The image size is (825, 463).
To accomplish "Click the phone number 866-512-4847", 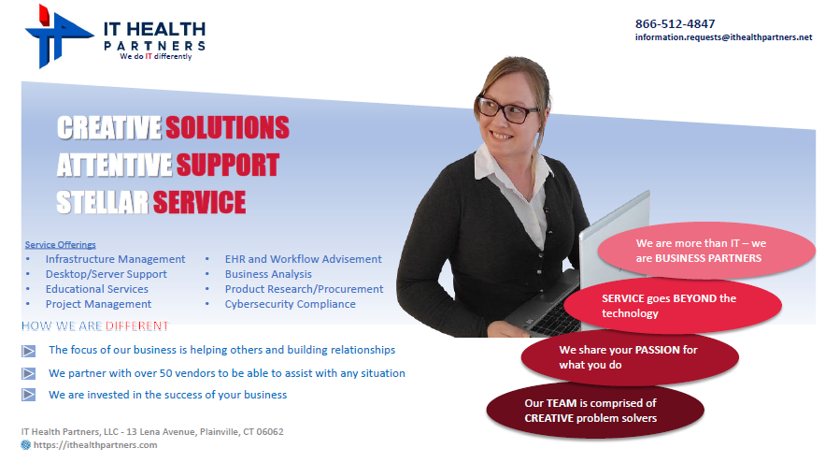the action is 675,23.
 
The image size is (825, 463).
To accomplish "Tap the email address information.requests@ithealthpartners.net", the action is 723,37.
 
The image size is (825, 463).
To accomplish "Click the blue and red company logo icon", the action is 58,36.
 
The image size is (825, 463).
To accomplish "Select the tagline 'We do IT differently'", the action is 156,56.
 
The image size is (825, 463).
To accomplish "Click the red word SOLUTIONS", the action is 227,127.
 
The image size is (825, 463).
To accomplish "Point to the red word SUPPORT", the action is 227,165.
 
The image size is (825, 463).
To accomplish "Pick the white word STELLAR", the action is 103,202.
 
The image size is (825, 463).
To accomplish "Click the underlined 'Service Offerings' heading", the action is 61,244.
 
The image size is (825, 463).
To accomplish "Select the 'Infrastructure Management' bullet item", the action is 115,259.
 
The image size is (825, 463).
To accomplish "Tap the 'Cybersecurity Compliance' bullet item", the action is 291,304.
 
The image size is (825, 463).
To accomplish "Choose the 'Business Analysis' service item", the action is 268,274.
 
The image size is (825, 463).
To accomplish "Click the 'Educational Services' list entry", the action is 97,289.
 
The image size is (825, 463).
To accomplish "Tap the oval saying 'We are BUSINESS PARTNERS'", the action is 706,251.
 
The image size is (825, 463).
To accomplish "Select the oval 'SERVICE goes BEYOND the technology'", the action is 673,306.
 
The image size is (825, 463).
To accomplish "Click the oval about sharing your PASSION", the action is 630,357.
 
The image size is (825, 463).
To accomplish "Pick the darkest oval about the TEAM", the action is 595,411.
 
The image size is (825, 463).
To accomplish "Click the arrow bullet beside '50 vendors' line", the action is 28,373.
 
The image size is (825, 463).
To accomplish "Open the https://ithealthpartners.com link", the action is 95,445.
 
